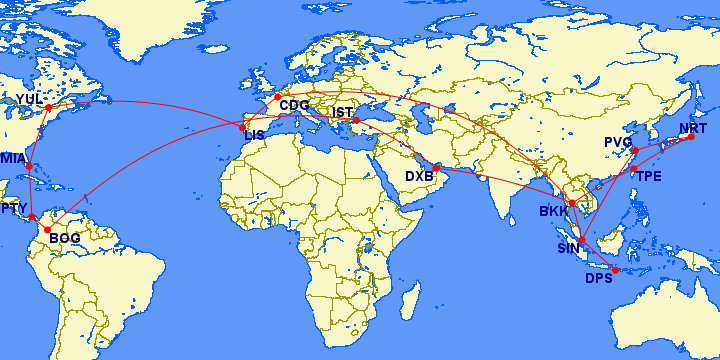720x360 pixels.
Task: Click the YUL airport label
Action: pos(30,98)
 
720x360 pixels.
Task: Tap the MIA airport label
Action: pos(13,158)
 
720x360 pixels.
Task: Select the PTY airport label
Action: pos(13,208)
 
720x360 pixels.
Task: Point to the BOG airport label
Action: pos(64,237)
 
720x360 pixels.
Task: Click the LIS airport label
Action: pos(255,135)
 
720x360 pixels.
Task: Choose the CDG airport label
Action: pos(294,104)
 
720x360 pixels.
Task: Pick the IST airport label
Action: pos(344,112)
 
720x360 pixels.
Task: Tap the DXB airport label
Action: pos(420,176)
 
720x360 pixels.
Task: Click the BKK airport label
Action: pos(554,211)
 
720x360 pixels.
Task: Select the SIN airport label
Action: pos(568,248)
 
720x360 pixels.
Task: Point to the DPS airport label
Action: pos(599,277)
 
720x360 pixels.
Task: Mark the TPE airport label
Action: pos(649,176)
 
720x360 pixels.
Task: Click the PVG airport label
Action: pos(619,142)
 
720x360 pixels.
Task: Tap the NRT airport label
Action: pos(692,128)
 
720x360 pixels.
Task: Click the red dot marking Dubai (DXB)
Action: pos(437,168)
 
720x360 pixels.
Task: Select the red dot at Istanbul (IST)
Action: pos(356,121)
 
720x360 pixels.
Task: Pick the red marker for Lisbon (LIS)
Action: pos(242,127)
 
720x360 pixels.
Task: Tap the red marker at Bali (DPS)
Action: pos(616,270)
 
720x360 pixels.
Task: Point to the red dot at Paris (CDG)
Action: pos(278,97)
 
